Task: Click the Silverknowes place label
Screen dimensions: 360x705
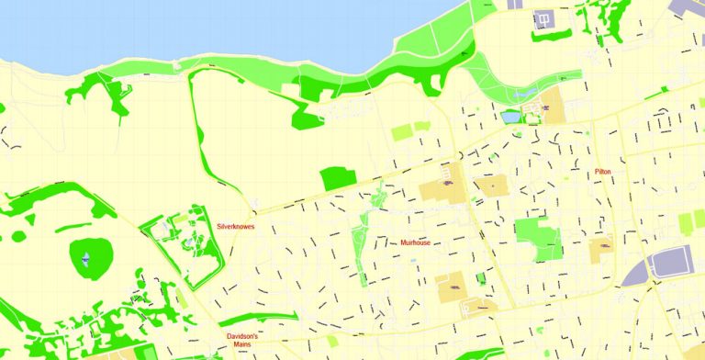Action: tap(236, 226)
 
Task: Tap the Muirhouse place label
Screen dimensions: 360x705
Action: tap(415, 242)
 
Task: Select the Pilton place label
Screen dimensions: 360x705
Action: tap(602, 172)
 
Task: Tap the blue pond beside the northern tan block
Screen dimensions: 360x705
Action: tap(510, 118)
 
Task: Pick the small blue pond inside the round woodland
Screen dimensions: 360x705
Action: tap(85, 260)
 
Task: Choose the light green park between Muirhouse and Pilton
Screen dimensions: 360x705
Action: tap(538, 236)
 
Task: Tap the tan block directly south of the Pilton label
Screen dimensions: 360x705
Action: tap(601, 247)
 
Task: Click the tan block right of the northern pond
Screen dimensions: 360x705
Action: tap(552, 107)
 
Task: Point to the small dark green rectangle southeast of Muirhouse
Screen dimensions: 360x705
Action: tap(481, 278)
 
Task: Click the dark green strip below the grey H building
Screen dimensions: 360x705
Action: tap(551, 36)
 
